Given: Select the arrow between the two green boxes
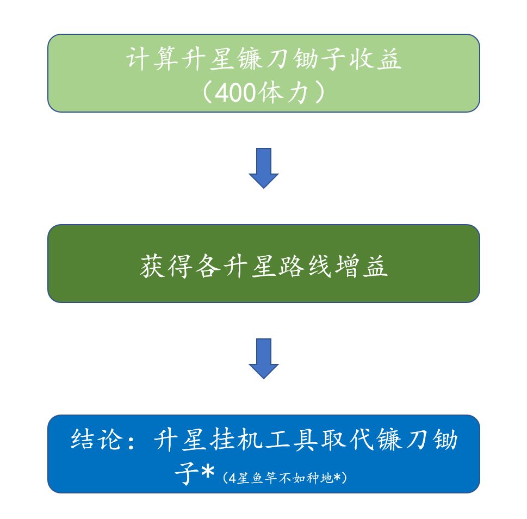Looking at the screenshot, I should [x=264, y=168].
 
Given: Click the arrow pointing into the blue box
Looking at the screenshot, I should [x=264, y=359].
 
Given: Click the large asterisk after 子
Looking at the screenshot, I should [x=208, y=472].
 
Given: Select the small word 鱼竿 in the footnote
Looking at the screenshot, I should [x=261, y=478].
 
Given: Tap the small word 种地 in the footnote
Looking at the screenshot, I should [x=318, y=478].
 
